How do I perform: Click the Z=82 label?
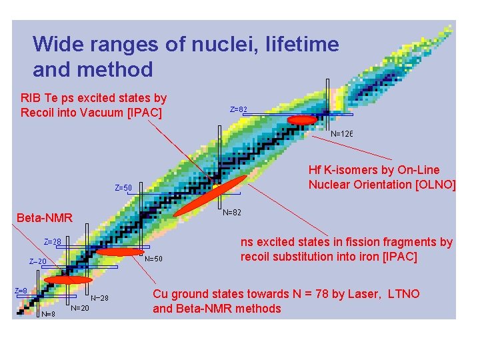coord(239,109)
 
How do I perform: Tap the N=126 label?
coord(341,133)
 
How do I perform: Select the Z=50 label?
coord(123,188)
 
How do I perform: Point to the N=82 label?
coord(232,213)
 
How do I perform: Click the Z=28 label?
coord(53,241)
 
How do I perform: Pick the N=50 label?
coord(153,259)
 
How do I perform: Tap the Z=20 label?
coord(37,262)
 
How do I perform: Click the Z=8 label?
coord(21,291)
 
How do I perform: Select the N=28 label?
coord(99,298)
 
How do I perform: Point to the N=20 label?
coord(80,308)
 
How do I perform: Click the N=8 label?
coord(48,314)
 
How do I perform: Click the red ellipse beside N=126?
coord(302,119)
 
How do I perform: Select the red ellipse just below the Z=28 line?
coord(119,252)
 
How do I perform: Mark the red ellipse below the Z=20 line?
coord(68,280)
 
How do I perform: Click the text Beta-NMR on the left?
coord(45,218)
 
